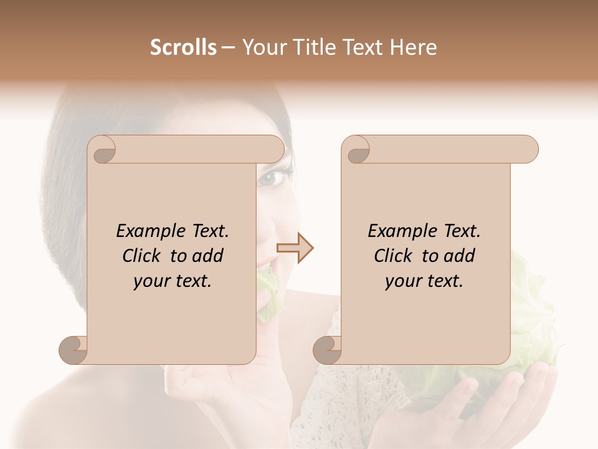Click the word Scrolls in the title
tap(184, 47)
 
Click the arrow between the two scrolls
tap(295, 248)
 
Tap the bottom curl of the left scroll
tap(74, 350)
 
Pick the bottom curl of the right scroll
tap(328, 350)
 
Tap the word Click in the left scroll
tap(143, 256)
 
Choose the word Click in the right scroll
tap(395, 256)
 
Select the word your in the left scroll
tap(150, 282)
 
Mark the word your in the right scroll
tap(402, 282)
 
